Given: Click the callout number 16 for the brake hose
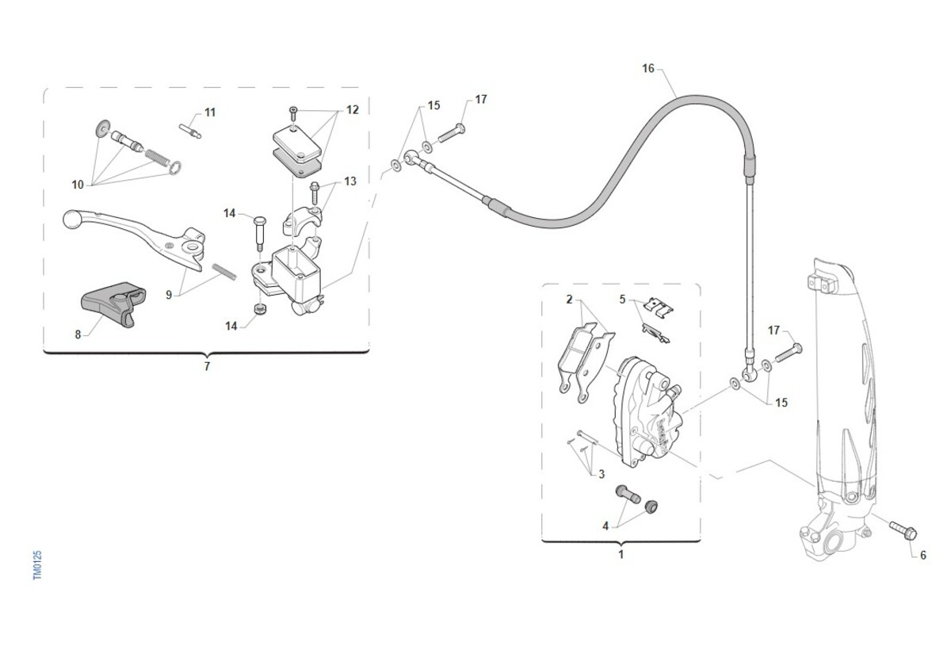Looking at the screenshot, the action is (648, 68).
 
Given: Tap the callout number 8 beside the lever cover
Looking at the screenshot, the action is (78, 335).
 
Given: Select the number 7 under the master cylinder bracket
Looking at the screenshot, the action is (207, 366).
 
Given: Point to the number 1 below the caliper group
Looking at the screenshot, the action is (621, 555).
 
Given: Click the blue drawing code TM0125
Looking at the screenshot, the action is (38, 565).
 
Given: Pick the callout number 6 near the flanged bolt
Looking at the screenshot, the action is (923, 556).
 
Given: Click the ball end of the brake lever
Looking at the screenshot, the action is (71, 219).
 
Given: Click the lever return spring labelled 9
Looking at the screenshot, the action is (224, 272).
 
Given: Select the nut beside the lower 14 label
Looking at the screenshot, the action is (259, 309).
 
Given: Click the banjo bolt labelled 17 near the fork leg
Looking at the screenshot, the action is (789, 353).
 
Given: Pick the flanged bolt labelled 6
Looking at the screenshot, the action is (903, 531).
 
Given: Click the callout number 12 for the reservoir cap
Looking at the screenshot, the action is (353, 110).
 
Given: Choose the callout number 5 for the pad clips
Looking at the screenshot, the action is (622, 300).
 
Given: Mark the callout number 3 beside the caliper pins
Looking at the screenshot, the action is (602, 474).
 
